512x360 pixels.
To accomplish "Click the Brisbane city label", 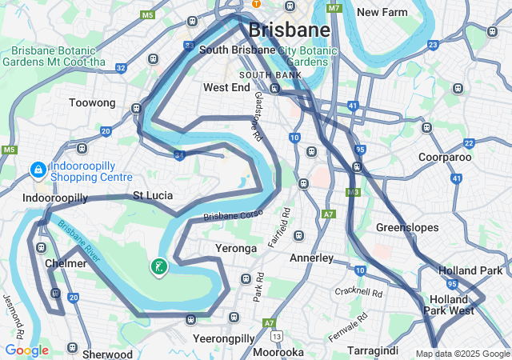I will [x=289, y=30].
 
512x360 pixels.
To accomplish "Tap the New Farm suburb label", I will [x=382, y=12].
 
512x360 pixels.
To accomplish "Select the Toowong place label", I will [x=92, y=103].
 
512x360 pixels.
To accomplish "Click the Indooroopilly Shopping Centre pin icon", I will [x=37, y=170].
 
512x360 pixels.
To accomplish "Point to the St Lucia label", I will [x=153, y=195].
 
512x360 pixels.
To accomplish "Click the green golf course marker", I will [x=159, y=266].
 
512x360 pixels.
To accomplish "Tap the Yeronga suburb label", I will [x=236, y=248].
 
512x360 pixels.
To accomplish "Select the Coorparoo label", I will [x=445, y=157].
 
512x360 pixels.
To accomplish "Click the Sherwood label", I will [x=107, y=354].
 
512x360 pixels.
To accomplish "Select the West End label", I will [x=226, y=87].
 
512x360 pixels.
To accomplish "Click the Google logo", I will [x=26, y=350].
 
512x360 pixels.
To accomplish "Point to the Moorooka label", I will [x=278, y=352].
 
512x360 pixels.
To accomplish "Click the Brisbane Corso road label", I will [x=233, y=216].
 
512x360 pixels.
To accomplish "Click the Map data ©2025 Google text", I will [x=462, y=354].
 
